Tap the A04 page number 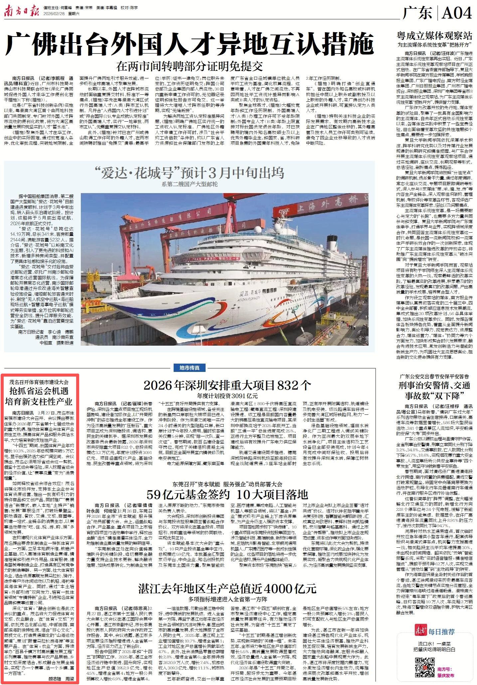click(457, 13)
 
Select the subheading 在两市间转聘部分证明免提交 click(190, 66)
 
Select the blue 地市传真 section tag click(190, 368)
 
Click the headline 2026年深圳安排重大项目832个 click(227, 386)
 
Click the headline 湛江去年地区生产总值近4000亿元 click(227, 589)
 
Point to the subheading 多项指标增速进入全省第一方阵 click(228, 599)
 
